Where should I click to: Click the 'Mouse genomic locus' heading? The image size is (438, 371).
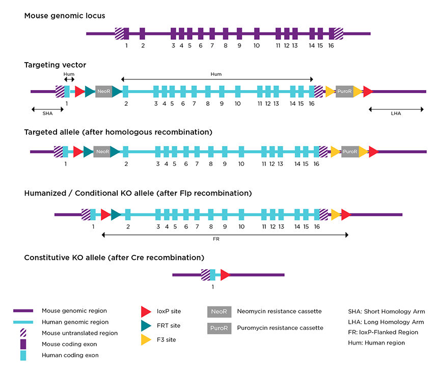coord(65,16)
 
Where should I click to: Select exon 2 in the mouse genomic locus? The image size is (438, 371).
coord(143,34)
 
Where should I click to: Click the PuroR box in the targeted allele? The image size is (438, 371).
coord(350,152)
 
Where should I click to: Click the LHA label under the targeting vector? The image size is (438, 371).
coord(396,114)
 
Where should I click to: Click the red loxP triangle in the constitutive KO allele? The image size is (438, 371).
coord(225,275)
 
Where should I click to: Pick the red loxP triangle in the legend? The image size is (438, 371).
coord(146,311)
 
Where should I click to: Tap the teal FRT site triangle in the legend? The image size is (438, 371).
coord(146,325)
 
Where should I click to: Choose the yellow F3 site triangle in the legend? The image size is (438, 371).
coord(146,339)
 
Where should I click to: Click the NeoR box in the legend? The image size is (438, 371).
coord(219,311)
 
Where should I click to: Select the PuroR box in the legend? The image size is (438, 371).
coord(219,328)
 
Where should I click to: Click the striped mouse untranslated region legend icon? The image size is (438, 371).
coord(23,333)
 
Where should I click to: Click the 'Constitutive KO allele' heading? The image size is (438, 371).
coord(114,258)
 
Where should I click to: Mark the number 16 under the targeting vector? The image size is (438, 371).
coord(311,104)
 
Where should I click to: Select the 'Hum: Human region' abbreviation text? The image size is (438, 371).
coord(376,343)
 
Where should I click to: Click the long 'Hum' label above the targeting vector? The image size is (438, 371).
coord(216,74)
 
